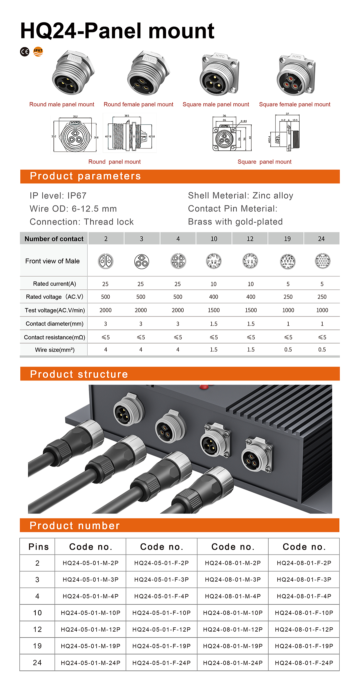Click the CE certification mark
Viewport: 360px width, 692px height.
click(25, 52)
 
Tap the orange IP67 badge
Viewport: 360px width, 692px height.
click(38, 51)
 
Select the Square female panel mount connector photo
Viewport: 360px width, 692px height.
click(296, 74)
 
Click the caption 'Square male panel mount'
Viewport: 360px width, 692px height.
click(216, 104)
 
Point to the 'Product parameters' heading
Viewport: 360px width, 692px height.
click(85, 176)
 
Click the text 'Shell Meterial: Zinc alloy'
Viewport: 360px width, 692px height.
click(240, 195)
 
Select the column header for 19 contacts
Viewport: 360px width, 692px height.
click(287, 239)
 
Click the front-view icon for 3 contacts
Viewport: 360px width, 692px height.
click(141, 261)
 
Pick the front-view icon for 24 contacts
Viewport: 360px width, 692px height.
click(322, 261)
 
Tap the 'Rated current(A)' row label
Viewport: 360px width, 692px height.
click(54, 284)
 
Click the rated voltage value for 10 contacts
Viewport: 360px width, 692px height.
click(214, 297)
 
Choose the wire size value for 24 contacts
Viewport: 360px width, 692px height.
click(322, 350)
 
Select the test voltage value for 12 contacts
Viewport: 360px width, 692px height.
click(251, 310)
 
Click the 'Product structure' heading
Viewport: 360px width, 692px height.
click(79, 374)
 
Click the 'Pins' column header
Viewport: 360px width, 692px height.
click(38, 547)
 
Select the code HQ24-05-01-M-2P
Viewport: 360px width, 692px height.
click(90, 563)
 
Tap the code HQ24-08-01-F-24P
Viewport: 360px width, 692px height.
click(304, 663)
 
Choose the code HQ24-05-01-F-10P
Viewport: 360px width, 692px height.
click(161, 613)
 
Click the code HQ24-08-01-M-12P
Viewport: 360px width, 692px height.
click(233, 629)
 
